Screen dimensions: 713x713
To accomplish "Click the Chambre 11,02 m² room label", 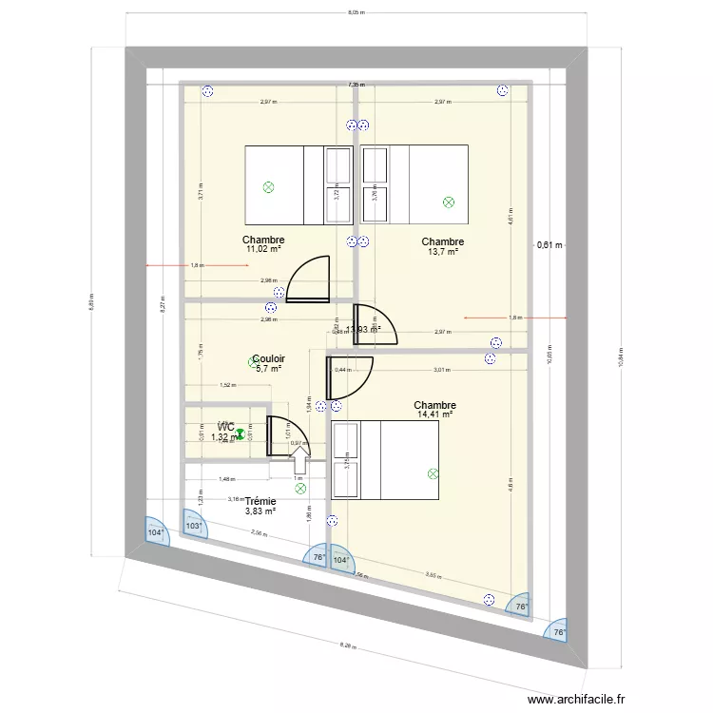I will (263, 244).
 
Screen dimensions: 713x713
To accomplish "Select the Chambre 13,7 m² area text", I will (443, 252).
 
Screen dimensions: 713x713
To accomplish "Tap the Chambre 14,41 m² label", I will (434, 414).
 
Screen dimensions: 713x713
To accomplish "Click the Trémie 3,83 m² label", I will (260, 506).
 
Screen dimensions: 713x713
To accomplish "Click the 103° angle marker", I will (194, 526).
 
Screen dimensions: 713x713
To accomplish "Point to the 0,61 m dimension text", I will (549, 245).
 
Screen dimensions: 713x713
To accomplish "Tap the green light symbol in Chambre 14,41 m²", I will (434, 472).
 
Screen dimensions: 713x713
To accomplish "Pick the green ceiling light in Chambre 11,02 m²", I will (268, 187).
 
